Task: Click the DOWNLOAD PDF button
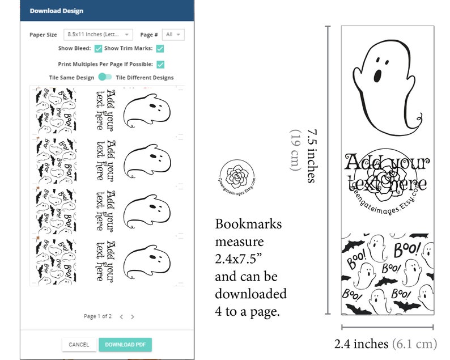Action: point(125,344)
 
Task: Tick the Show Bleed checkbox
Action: point(98,49)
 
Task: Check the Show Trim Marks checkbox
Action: point(160,49)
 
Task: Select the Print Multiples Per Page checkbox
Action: point(160,65)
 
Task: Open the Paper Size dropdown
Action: point(97,35)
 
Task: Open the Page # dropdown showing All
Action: point(173,35)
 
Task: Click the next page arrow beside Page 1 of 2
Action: point(133,316)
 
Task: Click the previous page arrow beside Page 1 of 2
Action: point(121,316)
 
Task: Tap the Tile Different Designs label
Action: point(145,78)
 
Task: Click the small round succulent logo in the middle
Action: point(237,175)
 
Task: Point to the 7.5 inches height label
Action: point(311,156)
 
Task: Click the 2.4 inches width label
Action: point(361,344)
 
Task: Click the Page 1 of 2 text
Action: point(97,316)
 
